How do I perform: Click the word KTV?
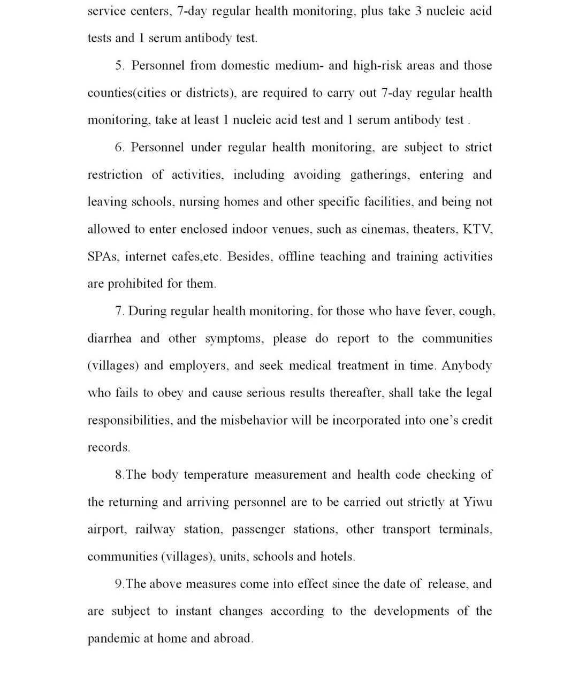(x=477, y=230)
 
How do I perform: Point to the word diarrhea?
(x=109, y=339)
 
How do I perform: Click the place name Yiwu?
(x=478, y=503)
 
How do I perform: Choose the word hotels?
(x=337, y=557)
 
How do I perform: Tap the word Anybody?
(x=467, y=366)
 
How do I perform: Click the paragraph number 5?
(x=119, y=66)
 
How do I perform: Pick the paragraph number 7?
(x=119, y=311)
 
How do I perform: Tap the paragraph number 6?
(x=119, y=148)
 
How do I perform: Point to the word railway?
(x=155, y=530)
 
